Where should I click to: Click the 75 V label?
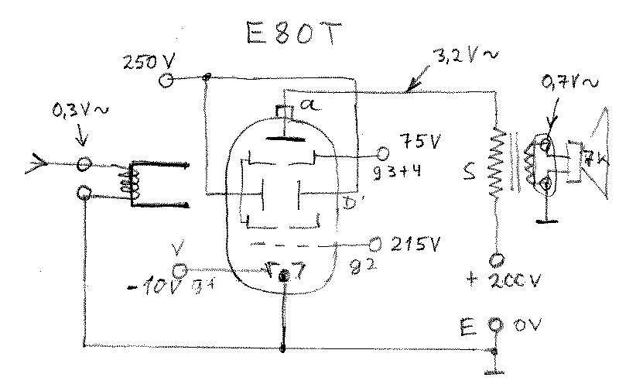tap(419, 142)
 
